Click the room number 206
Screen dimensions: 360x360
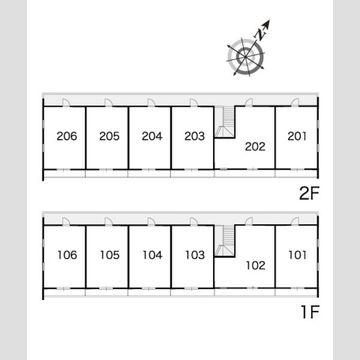click(67, 136)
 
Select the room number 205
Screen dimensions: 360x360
click(109, 136)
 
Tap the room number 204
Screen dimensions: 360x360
click(152, 136)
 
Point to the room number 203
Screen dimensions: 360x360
click(194, 136)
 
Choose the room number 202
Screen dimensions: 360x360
click(256, 147)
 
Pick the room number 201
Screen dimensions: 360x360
click(297, 136)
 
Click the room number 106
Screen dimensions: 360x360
click(67, 255)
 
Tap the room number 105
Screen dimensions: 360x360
click(110, 255)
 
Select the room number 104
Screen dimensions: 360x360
click(152, 255)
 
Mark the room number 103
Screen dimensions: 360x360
click(195, 255)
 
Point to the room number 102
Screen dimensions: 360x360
click(256, 265)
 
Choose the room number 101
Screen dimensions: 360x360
click(298, 255)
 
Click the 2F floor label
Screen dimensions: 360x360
click(309, 193)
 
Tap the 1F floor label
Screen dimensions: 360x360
click(310, 312)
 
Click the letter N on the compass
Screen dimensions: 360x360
click(260, 34)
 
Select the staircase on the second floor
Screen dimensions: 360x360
click(225, 122)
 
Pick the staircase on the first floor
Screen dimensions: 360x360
click(225, 241)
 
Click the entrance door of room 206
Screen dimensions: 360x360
click(66, 103)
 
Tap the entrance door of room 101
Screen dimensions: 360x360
click(295, 221)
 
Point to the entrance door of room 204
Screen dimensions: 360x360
click(151, 103)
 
